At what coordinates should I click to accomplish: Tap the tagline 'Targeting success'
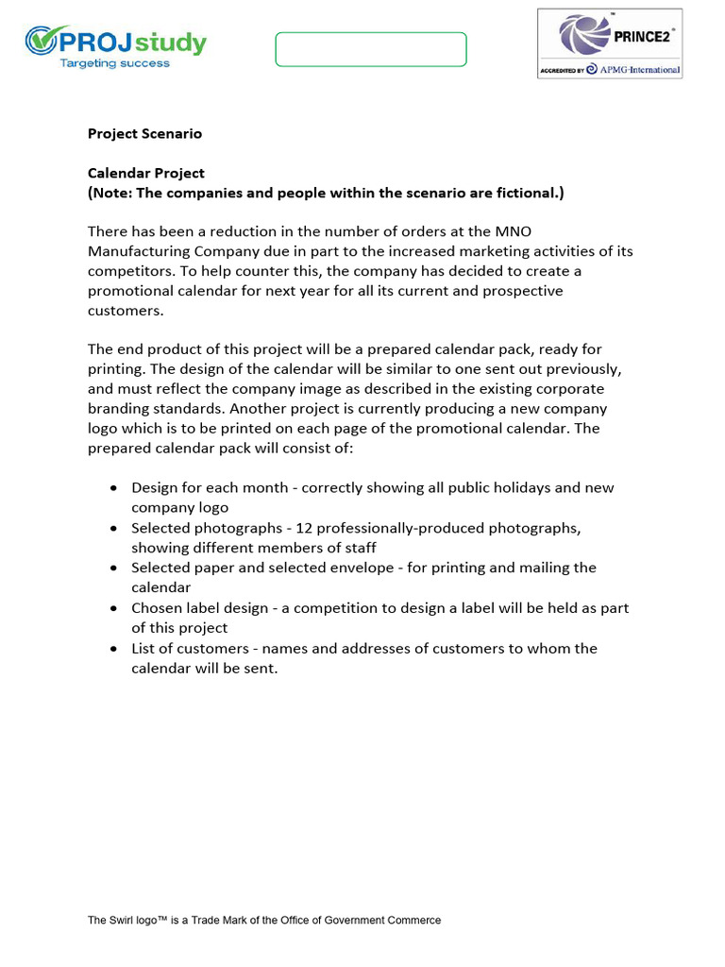(x=115, y=63)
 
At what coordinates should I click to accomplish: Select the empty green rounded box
(x=371, y=49)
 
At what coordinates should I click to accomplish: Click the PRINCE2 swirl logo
(x=582, y=34)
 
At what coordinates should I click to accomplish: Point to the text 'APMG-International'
(x=639, y=70)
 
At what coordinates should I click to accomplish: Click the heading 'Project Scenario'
(x=144, y=133)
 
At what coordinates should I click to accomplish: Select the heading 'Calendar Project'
(x=146, y=173)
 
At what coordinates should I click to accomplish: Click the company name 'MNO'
(x=500, y=231)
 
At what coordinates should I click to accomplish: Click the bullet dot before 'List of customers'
(x=113, y=649)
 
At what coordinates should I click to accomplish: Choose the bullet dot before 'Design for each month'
(x=113, y=488)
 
